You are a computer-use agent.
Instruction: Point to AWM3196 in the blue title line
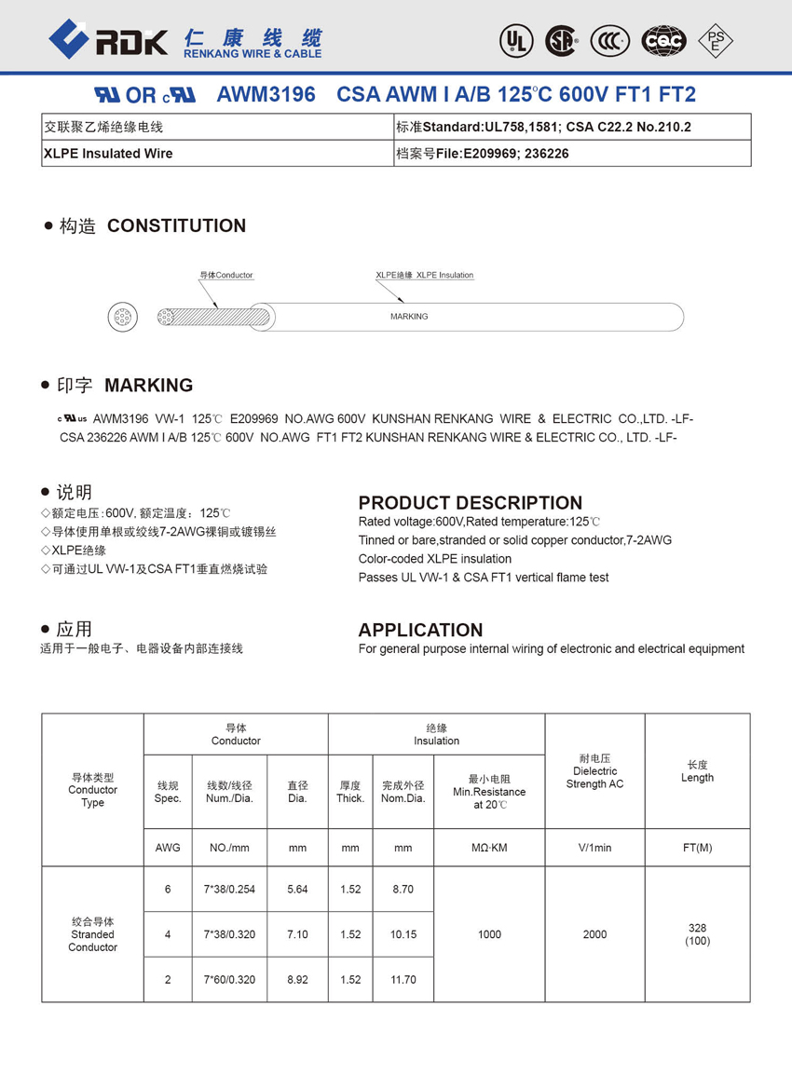(x=266, y=95)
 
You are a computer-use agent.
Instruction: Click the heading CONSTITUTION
(x=176, y=225)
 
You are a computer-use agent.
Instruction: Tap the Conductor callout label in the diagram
(x=226, y=276)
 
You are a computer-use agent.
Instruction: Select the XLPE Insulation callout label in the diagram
(x=425, y=276)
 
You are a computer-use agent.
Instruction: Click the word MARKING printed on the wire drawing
(x=409, y=317)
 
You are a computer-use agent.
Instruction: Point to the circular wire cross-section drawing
(x=123, y=317)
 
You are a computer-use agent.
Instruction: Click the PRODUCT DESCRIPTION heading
(x=470, y=503)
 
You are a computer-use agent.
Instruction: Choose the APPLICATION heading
(x=420, y=630)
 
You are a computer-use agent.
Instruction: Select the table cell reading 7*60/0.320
(x=230, y=979)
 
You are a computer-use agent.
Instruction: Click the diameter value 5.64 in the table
(x=297, y=890)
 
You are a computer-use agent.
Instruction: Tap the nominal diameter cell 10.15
(x=403, y=934)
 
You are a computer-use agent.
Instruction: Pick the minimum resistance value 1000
(x=489, y=934)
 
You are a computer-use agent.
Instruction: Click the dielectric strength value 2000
(x=594, y=934)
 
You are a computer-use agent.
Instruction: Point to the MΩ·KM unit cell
(x=489, y=848)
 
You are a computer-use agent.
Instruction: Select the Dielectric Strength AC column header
(x=594, y=771)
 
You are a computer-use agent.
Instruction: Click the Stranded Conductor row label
(x=92, y=934)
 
